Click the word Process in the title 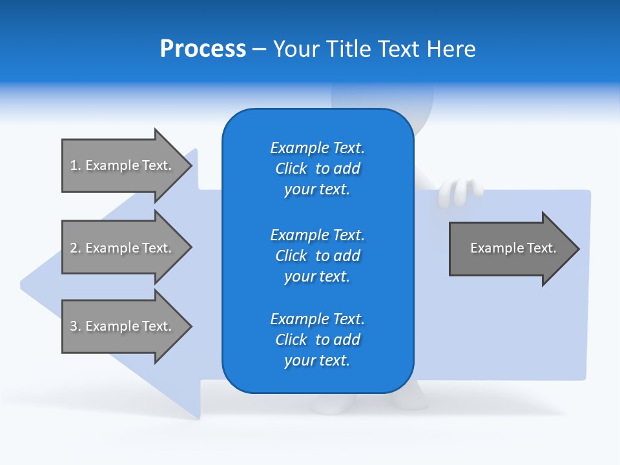tap(203, 49)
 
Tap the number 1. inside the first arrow tap(76, 165)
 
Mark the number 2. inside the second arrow tap(76, 248)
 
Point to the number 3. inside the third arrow tap(76, 326)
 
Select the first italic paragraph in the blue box tap(317, 169)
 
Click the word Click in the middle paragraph tap(291, 256)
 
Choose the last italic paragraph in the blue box tap(317, 340)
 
